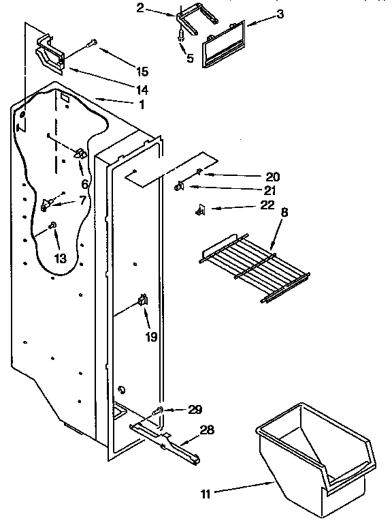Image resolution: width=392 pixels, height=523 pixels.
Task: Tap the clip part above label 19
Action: tap(144, 299)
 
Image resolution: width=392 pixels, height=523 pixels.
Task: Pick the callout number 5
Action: tap(190, 59)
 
